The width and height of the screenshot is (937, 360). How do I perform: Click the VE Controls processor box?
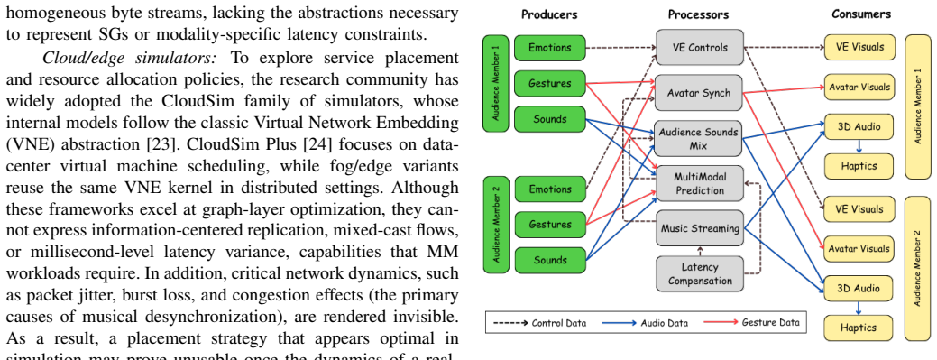click(700, 47)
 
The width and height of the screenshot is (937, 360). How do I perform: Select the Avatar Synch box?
click(700, 93)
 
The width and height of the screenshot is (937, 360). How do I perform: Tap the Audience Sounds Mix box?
click(700, 138)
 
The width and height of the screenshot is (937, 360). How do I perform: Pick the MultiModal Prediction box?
click(700, 183)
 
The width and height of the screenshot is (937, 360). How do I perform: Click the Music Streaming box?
click(700, 228)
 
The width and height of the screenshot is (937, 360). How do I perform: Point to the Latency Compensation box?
click(700, 273)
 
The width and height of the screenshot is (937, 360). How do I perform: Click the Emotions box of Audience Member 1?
click(550, 47)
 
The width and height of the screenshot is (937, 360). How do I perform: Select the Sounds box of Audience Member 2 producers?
click(550, 260)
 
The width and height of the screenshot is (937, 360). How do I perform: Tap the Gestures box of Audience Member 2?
click(550, 225)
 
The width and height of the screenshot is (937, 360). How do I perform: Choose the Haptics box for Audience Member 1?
click(859, 166)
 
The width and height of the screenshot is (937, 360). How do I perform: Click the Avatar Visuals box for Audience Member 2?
click(859, 248)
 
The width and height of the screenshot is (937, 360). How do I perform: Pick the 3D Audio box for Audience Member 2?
click(859, 288)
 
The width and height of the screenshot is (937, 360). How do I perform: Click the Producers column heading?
click(550, 14)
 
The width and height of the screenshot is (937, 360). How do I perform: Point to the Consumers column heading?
click(861, 14)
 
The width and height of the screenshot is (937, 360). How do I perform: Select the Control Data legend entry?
click(539, 323)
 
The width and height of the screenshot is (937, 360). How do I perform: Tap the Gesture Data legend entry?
click(752, 322)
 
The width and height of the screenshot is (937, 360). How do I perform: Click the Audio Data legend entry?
click(645, 323)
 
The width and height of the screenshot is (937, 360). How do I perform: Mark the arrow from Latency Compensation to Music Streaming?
click(700, 251)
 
